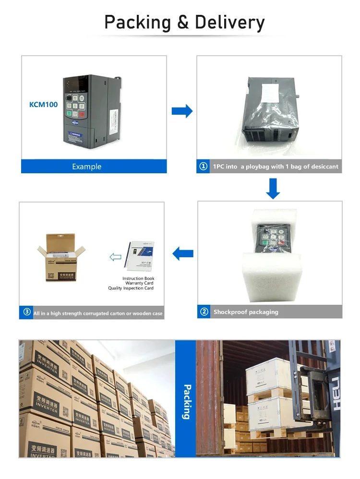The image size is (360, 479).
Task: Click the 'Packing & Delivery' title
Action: pyautogui.click(x=184, y=23)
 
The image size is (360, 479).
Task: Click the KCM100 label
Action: pyautogui.click(x=44, y=104)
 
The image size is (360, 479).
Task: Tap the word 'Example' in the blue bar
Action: pyautogui.click(x=87, y=167)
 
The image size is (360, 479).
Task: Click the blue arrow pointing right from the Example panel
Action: pyautogui.click(x=182, y=111)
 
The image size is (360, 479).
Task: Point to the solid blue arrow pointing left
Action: pyautogui.click(x=183, y=253)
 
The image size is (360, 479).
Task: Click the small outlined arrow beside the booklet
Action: pyautogui.click(x=116, y=257)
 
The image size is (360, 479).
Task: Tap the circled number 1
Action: pyautogui.click(x=204, y=167)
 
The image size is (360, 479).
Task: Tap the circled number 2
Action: pyautogui.click(x=204, y=312)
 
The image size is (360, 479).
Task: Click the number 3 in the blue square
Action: pyautogui.click(x=27, y=312)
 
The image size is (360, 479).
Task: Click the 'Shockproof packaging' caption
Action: pyautogui.click(x=246, y=312)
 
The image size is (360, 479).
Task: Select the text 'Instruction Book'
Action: pyautogui.click(x=138, y=278)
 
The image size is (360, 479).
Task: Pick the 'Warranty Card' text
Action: pyautogui.click(x=140, y=283)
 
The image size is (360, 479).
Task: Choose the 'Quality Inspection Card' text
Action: pyautogui.click(x=131, y=288)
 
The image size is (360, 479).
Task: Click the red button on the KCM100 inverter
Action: pyautogui.click(x=82, y=114)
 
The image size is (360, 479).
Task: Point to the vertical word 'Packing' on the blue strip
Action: pyautogui.click(x=187, y=401)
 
